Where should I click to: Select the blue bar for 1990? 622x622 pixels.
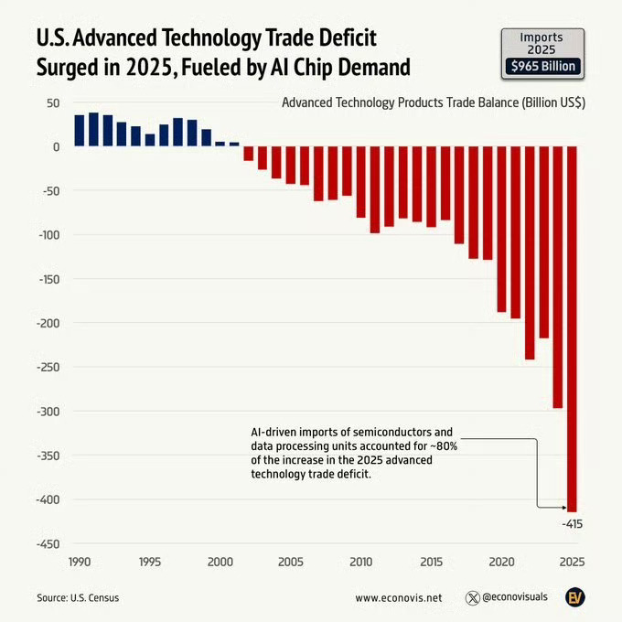coord(80,130)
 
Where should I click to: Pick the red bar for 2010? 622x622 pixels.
coord(361,183)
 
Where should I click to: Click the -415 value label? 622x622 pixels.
coord(572,524)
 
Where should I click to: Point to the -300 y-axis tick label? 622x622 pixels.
coord(48,411)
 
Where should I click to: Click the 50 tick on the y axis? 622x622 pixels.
coord(53,102)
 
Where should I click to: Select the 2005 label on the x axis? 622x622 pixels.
coord(291,560)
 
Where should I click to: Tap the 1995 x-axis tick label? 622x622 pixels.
coord(150,560)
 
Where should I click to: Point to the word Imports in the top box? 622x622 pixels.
coord(542,37)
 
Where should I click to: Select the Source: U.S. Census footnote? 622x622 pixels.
coord(78,597)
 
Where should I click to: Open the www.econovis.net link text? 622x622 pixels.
coord(398,597)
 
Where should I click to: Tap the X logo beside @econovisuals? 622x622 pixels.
coord(473,597)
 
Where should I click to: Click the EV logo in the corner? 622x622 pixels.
coord(574,596)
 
